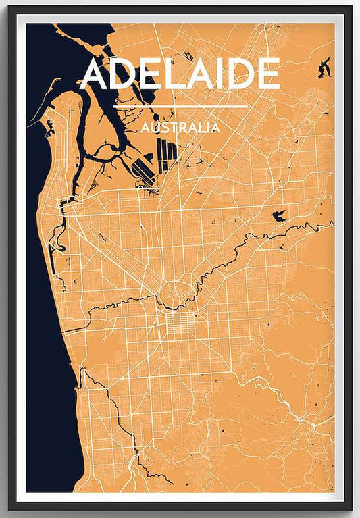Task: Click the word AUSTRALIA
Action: pos(180,126)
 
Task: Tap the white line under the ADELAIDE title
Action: pos(180,107)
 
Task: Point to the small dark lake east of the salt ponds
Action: pos(278,216)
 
